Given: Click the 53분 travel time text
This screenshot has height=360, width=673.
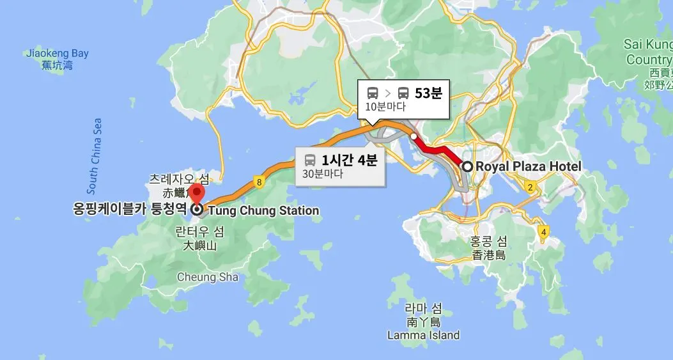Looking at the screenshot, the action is click(428, 93).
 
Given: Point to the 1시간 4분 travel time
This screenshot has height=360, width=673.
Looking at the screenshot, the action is click(350, 160).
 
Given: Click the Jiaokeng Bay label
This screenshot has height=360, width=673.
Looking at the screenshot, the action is click(58, 54).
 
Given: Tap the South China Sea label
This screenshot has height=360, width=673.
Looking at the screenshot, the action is click(94, 156).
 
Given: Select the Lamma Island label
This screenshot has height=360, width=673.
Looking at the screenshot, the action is click(423, 335).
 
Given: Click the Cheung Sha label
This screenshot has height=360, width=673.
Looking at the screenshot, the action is click(208, 278).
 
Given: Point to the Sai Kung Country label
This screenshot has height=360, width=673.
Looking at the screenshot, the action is click(648, 52).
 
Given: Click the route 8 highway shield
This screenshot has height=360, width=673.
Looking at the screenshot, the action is click(259, 182).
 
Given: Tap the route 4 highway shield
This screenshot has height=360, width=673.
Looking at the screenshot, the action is click(543, 231).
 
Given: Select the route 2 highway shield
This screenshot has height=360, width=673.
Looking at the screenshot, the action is click(530, 187).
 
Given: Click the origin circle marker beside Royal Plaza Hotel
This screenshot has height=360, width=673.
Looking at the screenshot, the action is click(467, 167).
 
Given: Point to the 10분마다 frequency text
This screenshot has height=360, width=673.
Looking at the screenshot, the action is click(385, 107).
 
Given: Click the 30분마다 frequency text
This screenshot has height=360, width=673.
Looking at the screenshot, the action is click(322, 173).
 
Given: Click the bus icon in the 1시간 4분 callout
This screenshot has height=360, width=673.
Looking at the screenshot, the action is click(310, 160).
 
